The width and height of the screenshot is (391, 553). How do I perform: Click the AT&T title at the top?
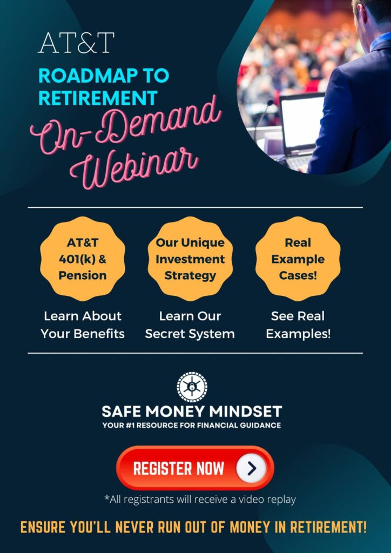click(x=76, y=43)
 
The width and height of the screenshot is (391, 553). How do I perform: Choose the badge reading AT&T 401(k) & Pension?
click(x=83, y=259)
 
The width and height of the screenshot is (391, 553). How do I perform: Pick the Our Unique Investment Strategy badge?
click(x=190, y=259)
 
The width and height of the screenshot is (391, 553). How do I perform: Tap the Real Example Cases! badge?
click(x=298, y=259)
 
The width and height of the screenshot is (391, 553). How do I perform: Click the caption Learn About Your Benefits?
click(x=83, y=325)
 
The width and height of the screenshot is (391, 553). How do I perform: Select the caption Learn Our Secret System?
click(x=190, y=325)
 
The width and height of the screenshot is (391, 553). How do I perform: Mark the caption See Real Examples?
click(x=298, y=325)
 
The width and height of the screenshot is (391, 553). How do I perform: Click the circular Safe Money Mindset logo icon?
click(x=192, y=387)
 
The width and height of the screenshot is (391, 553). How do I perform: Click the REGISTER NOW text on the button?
click(x=178, y=468)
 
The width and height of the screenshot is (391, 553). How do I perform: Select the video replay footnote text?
click(x=200, y=500)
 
